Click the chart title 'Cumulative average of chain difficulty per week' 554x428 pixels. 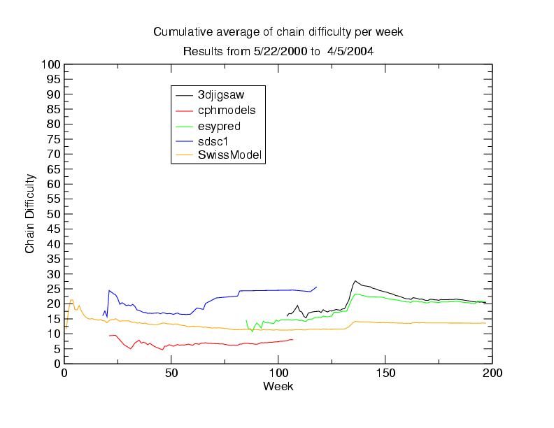pos(278,32)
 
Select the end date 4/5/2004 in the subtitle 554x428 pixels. pos(355,52)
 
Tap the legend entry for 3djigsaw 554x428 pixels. pos(220,94)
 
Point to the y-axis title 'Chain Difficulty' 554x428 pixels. pos(30,214)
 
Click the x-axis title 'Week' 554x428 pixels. pos(278,386)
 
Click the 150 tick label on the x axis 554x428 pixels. pos(385,373)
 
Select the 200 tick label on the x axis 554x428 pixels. pos(492,373)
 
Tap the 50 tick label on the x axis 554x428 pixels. pos(171,373)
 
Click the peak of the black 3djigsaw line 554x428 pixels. pos(355,280)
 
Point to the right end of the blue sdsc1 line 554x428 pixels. pos(317,287)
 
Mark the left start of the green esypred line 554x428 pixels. pos(246,320)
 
